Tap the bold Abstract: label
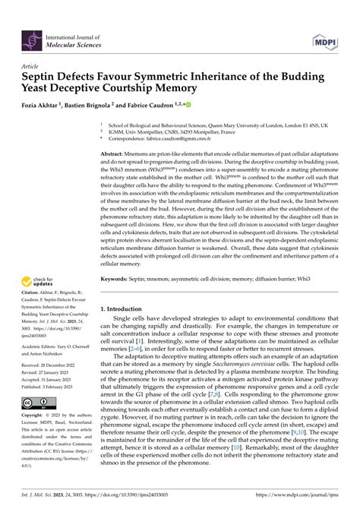coord(114,153)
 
